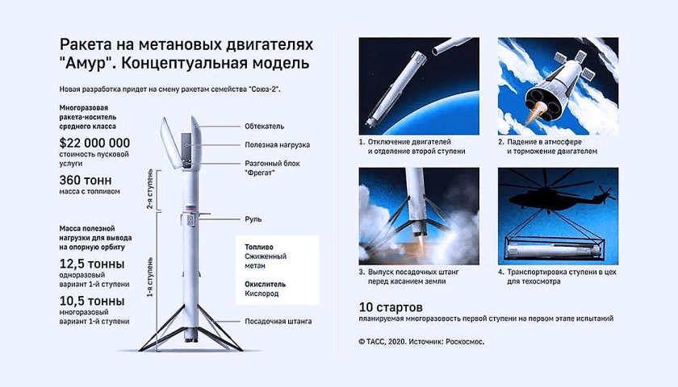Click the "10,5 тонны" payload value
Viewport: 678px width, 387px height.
(x=91, y=302)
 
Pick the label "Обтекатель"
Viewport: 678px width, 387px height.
(x=265, y=127)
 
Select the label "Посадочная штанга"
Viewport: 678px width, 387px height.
(x=279, y=321)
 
